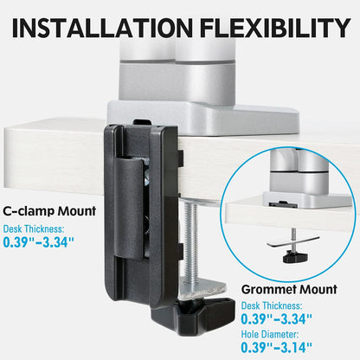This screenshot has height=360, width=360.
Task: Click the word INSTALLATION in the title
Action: point(100,29)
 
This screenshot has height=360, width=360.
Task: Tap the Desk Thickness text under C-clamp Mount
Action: point(34,227)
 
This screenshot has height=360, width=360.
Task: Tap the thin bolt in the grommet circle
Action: point(297,236)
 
